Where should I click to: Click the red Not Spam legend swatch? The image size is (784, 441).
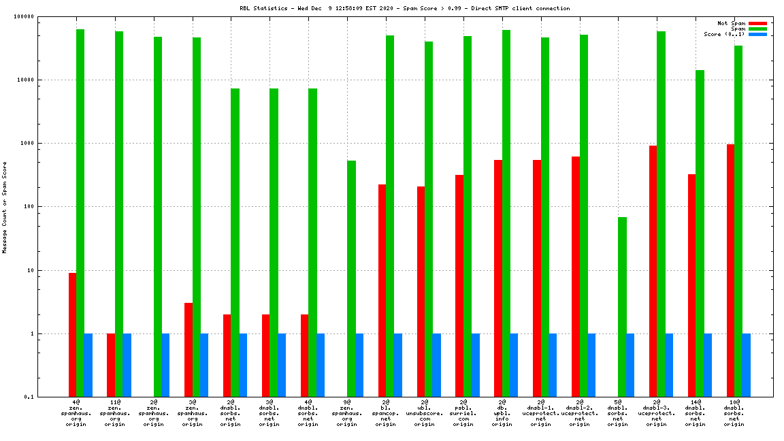pyautogui.click(x=757, y=23)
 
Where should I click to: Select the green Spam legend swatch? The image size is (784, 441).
pyautogui.click(x=757, y=29)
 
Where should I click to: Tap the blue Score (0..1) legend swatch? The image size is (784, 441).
pyautogui.click(x=757, y=34)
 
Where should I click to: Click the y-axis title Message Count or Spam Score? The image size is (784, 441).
pyautogui.click(x=5, y=207)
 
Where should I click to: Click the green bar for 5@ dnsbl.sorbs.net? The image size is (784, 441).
pyautogui.click(x=622, y=307)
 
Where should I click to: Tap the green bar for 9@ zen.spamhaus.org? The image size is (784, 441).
pyautogui.click(x=351, y=278)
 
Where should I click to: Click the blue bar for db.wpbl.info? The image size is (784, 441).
pyautogui.click(x=514, y=365)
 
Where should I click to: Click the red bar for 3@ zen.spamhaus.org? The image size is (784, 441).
pyautogui.click(x=189, y=350)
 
